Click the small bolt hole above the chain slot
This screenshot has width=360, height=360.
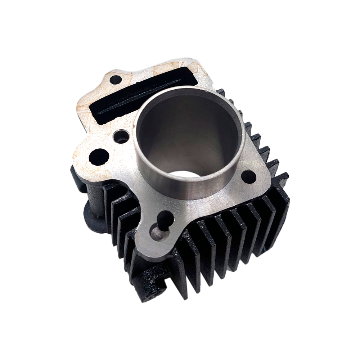tap(116, 80)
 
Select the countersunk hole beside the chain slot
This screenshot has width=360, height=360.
tap(121, 136)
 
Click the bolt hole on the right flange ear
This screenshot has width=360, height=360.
tap(248, 176)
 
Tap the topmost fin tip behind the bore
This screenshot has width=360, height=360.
tap(220, 92)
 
